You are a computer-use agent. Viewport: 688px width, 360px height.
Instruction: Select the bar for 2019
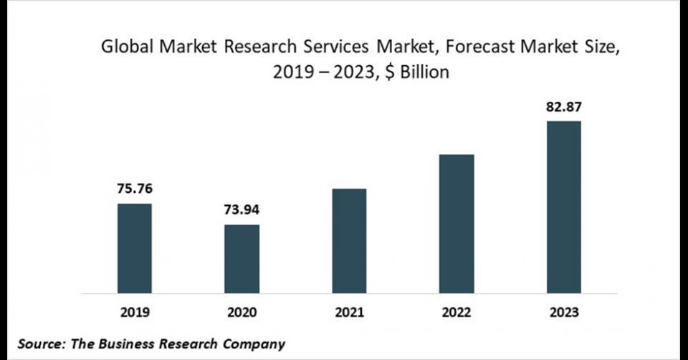(135, 248)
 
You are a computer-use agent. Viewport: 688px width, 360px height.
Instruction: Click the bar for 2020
(242, 259)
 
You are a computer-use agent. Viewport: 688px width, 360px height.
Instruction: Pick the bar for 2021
(349, 241)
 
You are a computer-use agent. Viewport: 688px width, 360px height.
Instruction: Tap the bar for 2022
(457, 224)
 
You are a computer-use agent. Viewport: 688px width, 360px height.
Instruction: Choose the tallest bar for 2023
(564, 207)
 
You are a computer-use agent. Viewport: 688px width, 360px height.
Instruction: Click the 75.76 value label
(135, 189)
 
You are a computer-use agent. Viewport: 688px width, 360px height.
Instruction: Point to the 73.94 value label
(242, 210)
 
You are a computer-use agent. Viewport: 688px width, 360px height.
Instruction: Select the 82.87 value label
(564, 107)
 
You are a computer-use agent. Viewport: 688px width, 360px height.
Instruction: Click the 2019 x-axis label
(135, 313)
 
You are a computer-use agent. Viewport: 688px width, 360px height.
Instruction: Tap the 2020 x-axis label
(242, 313)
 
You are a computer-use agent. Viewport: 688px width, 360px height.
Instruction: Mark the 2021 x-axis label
(349, 313)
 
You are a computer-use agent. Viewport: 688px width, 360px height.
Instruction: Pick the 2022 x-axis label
(457, 313)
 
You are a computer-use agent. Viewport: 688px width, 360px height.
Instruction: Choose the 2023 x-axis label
(564, 313)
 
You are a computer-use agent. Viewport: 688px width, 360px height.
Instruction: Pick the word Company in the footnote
(254, 344)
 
